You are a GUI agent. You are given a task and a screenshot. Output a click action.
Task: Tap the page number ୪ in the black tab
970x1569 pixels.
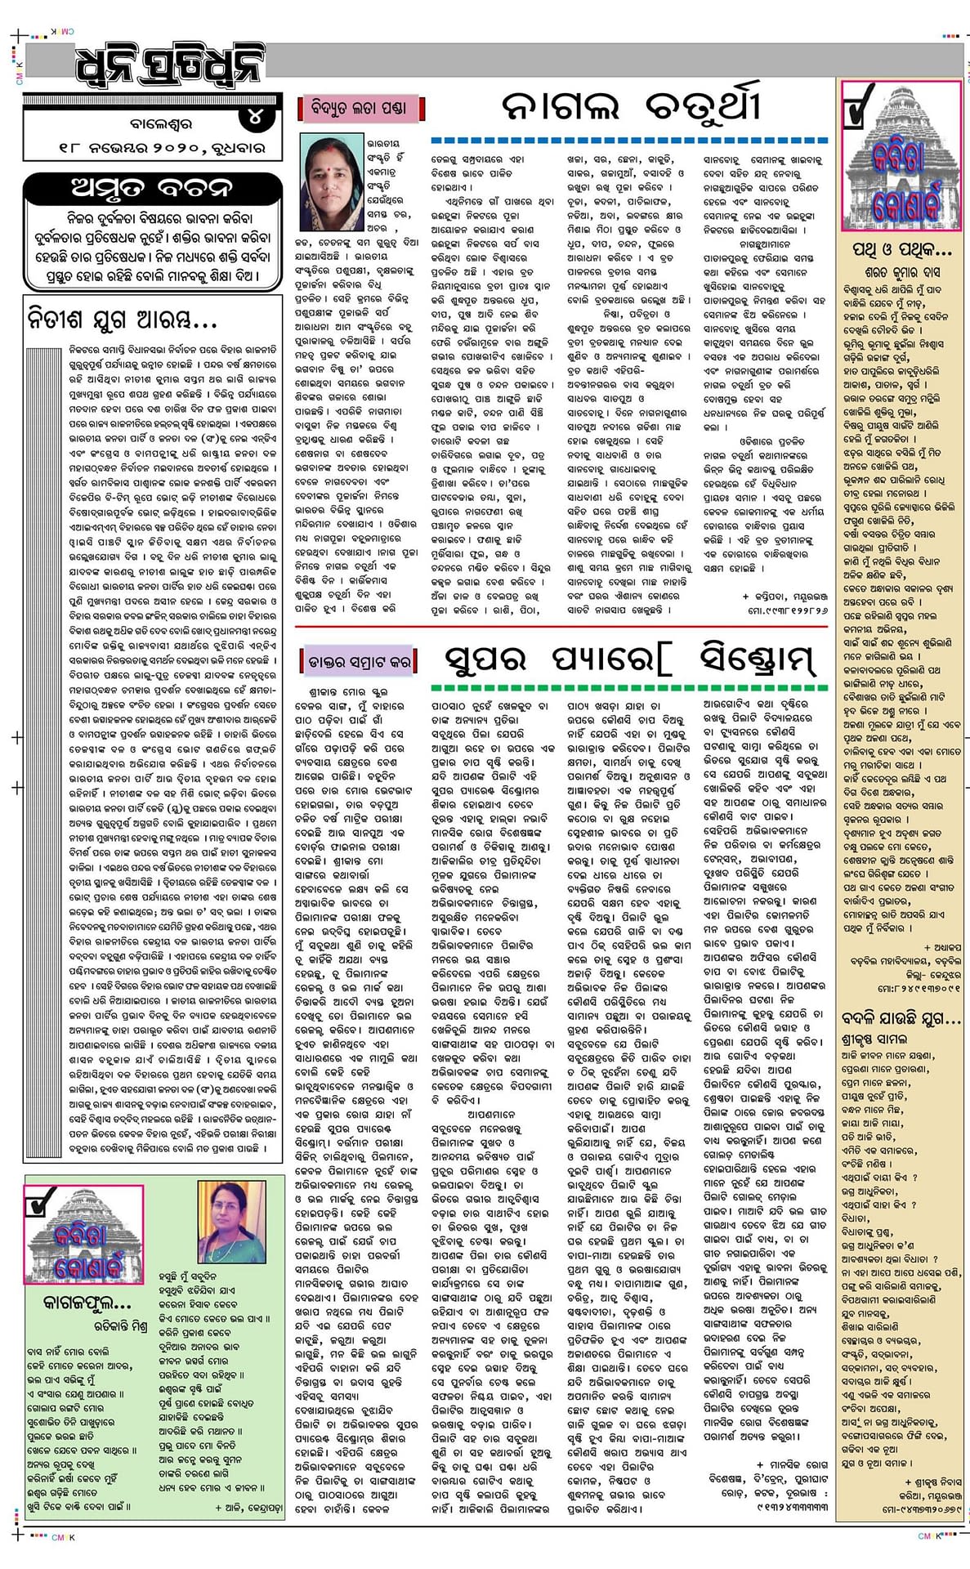coord(254,118)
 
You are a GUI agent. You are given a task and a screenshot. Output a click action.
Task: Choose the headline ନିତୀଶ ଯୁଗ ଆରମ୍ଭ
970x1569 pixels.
coord(123,317)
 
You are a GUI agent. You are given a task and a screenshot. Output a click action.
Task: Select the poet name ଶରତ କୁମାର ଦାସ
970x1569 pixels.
coord(902,271)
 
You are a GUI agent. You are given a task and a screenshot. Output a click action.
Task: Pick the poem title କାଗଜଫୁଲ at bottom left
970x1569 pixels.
coord(79,1302)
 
